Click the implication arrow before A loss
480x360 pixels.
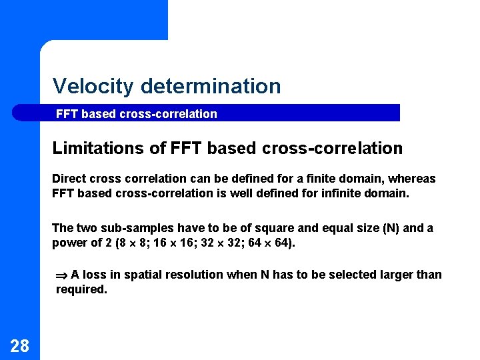pyautogui.click(x=62, y=275)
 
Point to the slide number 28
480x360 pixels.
pyautogui.click(x=20, y=345)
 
